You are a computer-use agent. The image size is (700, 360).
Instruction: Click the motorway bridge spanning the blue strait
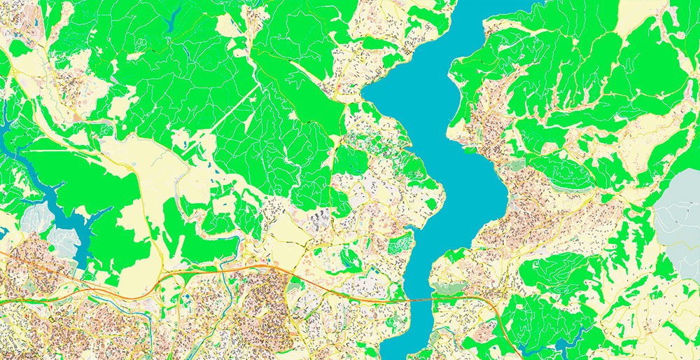pos(419,299)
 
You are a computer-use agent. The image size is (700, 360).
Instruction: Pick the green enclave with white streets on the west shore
pos(400,244)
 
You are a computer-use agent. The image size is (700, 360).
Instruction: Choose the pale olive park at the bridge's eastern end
pos(448,288)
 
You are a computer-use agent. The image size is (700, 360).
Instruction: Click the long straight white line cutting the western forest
pos(231,112)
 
